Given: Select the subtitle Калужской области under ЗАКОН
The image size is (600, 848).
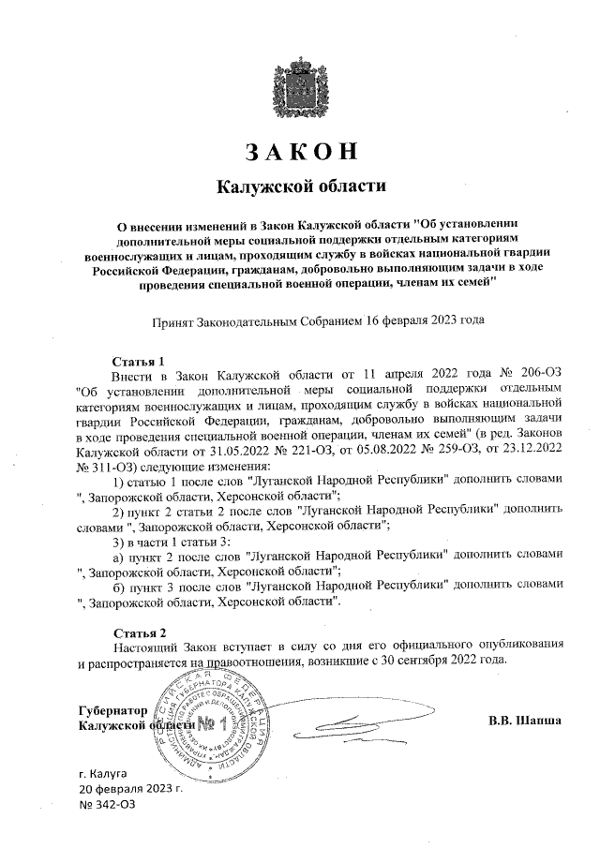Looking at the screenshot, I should pyautogui.click(x=300, y=186).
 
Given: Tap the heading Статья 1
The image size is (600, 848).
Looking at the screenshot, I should pyautogui.click(x=138, y=360).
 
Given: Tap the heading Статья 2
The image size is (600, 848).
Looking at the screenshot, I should pyautogui.click(x=138, y=631).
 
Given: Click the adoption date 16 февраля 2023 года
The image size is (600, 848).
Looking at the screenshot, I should pyautogui.click(x=425, y=320).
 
